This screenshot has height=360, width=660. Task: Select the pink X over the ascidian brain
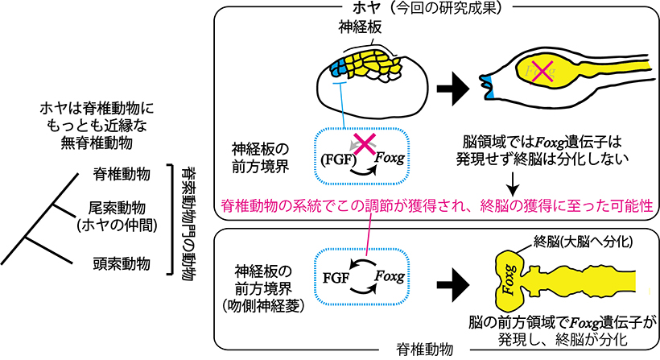pos(542,72)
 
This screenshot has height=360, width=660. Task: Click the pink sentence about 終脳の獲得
pos(431,205)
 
